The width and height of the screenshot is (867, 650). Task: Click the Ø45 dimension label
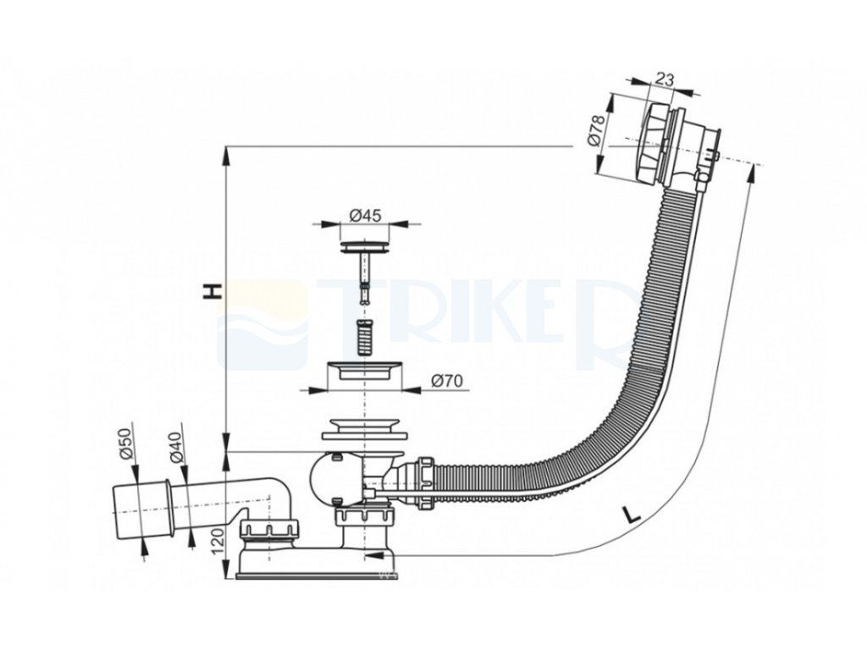[x=366, y=216]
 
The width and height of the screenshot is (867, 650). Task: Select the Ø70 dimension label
[x=445, y=381]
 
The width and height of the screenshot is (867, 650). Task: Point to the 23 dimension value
[x=665, y=80]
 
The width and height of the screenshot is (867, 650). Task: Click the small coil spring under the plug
[x=366, y=329]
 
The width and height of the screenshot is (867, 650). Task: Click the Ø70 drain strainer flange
[x=364, y=373]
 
